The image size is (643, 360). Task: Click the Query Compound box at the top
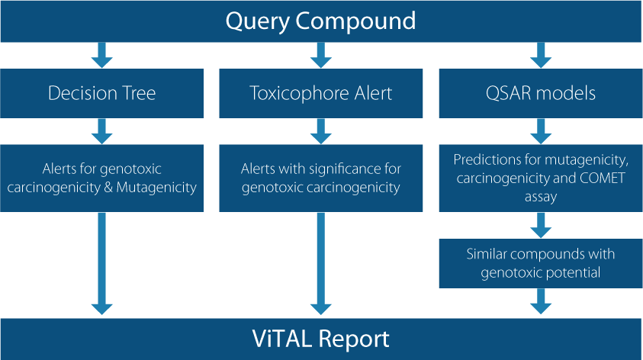(321, 21)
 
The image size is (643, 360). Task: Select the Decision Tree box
(101, 94)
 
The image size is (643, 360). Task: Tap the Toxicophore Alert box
(320, 94)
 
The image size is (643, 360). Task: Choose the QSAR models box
(541, 94)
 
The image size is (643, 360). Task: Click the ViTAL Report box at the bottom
(321, 339)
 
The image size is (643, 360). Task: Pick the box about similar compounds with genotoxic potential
(541, 263)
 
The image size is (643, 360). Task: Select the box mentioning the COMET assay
(541, 178)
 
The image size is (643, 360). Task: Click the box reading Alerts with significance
(320, 178)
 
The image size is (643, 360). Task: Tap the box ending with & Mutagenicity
(101, 178)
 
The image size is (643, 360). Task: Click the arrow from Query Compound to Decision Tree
(102, 55)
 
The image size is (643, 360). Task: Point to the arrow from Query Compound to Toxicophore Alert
(321, 55)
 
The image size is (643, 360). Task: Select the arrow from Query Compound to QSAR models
(541, 55)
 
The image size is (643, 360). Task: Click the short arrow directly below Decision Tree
(102, 131)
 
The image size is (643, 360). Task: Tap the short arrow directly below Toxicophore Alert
(321, 131)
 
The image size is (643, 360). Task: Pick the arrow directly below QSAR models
(541, 131)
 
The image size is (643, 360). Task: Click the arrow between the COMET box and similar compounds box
(541, 225)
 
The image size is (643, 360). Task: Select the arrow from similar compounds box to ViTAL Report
(541, 301)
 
